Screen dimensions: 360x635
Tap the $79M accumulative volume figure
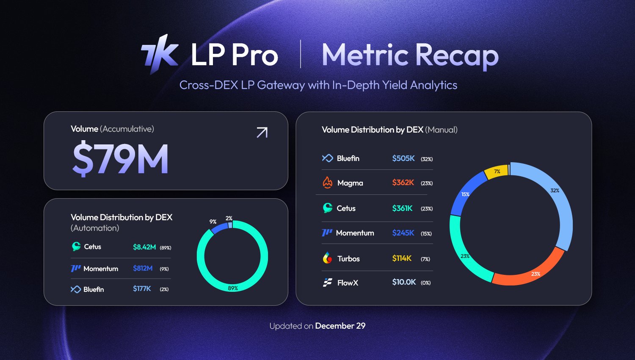(121, 159)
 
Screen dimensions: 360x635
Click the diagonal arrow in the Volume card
(262, 133)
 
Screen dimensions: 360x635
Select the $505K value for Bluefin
(403, 158)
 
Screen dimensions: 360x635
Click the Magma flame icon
(327, 183)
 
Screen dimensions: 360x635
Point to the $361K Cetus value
(402, 208)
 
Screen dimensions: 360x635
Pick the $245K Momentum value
(403, 233)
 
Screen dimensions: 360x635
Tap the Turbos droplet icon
(327, 258)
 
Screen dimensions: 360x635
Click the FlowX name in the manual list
(348, 282)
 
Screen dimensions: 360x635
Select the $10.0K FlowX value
(404, 282)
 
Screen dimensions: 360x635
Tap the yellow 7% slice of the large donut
(497, 171)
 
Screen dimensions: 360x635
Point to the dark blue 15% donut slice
(464, 194)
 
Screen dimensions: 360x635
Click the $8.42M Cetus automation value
(144, 247)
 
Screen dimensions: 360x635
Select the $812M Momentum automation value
(143, 269)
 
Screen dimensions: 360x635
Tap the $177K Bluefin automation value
(142, 289)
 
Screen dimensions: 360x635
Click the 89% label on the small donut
(233, 288)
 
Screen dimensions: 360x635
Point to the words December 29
(340, 326)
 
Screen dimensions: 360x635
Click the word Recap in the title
(457, 55)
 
